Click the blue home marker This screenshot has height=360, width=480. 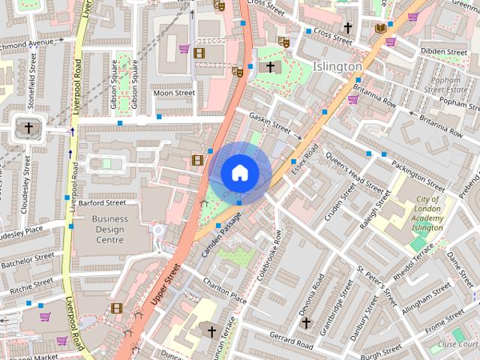[239, 172]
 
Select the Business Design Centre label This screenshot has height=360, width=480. [109, 229]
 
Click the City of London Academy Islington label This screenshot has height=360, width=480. [429, 214]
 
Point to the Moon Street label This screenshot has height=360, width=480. [174, 93]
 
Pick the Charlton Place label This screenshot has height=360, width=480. [224, 290]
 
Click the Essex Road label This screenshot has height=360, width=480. [305, 159]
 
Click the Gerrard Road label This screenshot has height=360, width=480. [291, 340]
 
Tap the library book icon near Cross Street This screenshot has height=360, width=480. [381, 28]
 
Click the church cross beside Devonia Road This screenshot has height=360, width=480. [305, 322]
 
